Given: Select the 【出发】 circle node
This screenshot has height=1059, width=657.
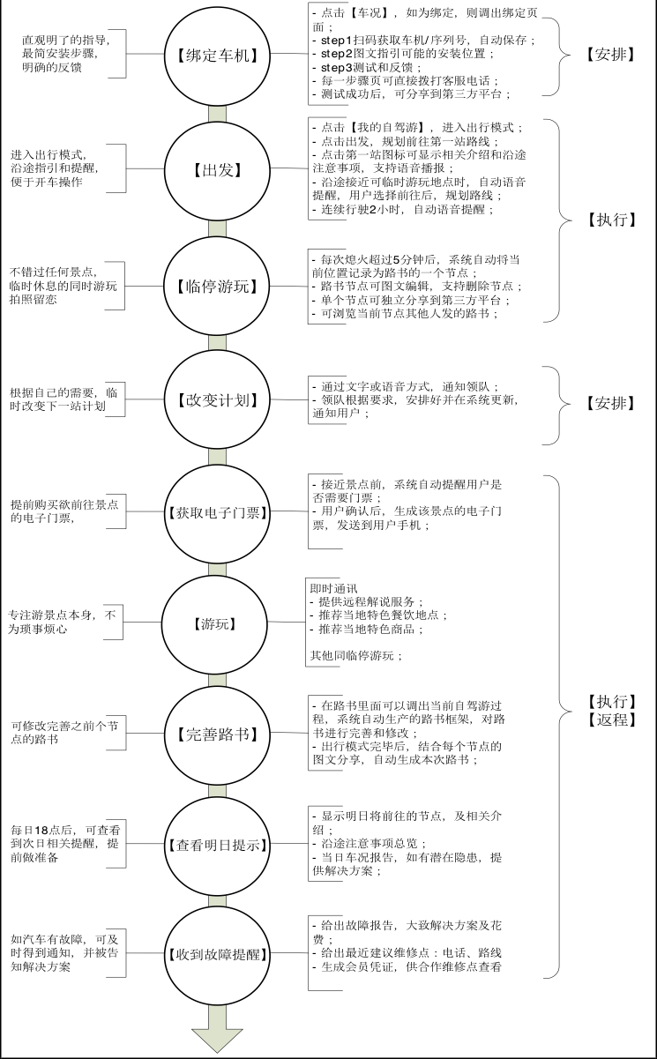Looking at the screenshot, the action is click(218, 168).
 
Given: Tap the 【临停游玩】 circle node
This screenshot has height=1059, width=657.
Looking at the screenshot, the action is click(218, 286).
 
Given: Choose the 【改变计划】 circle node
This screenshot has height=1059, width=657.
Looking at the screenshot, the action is click(218, 400).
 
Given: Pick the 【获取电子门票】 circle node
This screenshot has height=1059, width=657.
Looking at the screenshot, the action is click(218, 512).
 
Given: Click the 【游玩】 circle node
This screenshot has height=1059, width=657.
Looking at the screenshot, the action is click(215, 624).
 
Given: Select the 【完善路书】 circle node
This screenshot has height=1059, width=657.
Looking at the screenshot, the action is click(218, 736).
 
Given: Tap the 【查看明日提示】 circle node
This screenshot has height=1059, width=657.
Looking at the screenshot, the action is click(218, 846).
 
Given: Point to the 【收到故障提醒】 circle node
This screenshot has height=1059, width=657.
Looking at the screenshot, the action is click(218, 955).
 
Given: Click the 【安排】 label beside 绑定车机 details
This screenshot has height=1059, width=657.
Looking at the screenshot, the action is click(610, 55).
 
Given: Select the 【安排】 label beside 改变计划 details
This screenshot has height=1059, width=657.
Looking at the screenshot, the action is click(610, 403).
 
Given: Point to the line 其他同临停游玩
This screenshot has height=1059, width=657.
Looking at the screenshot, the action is click(356, 655).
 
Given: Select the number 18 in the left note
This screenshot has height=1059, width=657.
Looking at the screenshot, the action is click(42, 830).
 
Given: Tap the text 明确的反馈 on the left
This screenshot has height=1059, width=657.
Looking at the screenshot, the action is click(52, 67).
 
